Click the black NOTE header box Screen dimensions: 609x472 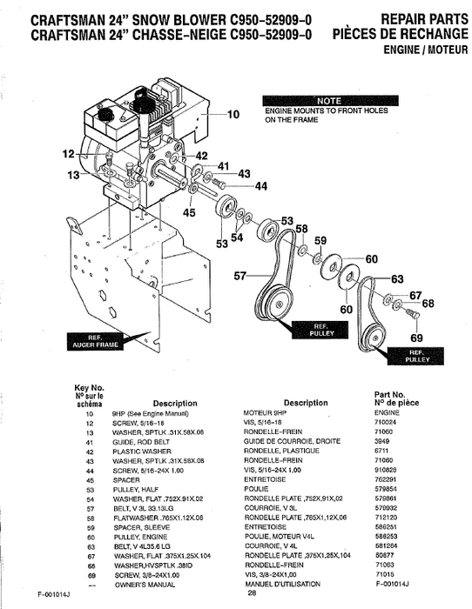[x=329, y=100]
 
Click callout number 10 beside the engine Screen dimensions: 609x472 [x=233, y=114]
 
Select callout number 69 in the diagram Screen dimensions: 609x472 [x=416, y=338]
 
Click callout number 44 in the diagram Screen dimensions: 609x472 [x=260, y=186]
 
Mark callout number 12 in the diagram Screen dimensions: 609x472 [x=68, y=155]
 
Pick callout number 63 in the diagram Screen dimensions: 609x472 [x=397, y=279]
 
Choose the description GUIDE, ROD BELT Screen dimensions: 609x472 [x=138, y=440]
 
